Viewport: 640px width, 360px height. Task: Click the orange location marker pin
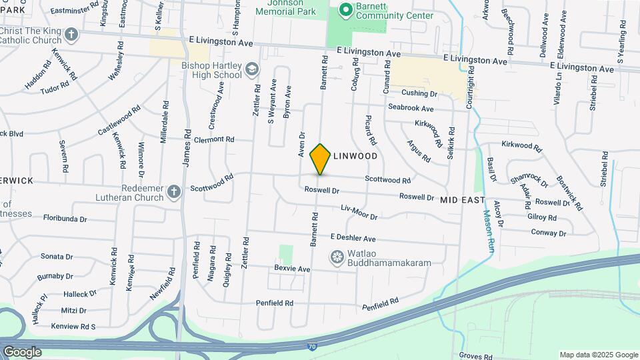coord(321,159)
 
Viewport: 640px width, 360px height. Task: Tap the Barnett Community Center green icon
coord(345,9)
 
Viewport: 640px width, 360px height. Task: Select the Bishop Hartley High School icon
coord(252,69)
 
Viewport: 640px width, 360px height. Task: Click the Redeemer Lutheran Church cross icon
coord(174,192)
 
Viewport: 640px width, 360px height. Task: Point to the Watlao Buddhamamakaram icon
coord(337,257)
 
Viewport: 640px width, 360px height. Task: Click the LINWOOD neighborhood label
coord(355,156)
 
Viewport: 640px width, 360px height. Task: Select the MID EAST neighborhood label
coord(461,199)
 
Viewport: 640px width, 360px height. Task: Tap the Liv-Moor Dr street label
coord(359,213)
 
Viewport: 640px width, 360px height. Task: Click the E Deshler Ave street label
coord(353,238)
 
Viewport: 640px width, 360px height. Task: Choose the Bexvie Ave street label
coord(293,269)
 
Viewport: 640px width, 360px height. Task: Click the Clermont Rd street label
coord(214,140)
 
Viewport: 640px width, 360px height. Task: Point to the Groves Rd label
coord(475,357)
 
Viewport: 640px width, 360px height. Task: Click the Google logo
coord(22,352)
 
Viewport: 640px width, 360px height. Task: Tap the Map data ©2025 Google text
coord(599,355)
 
